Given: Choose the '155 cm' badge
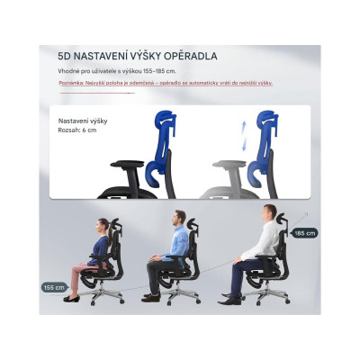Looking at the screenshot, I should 54,288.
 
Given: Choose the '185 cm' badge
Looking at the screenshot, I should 305,232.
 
